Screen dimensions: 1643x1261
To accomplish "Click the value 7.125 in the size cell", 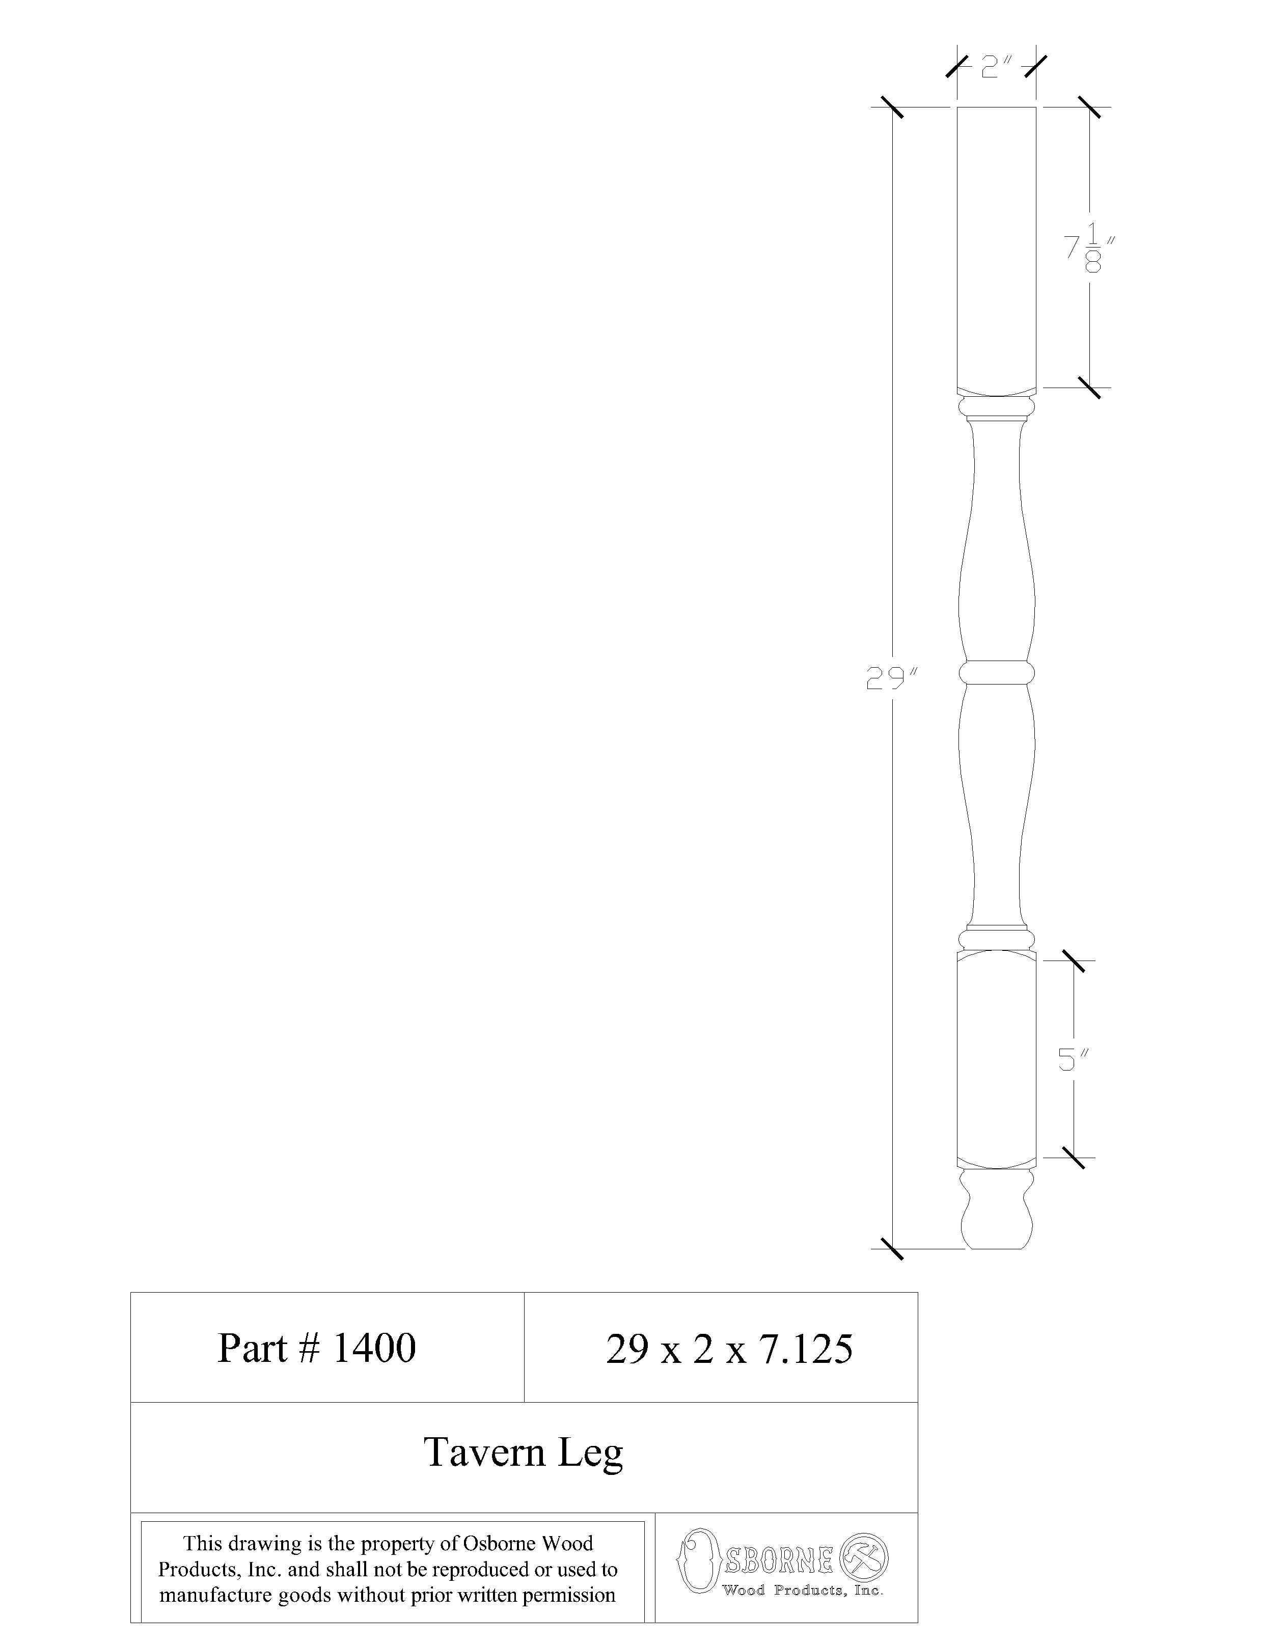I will [806, 1349].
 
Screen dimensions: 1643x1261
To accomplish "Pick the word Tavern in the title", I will [484, 1452].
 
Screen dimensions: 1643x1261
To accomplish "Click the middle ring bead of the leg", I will [996, 672].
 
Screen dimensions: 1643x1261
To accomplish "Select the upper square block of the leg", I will [996, 248].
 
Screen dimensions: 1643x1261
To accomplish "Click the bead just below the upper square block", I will [996, 407].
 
